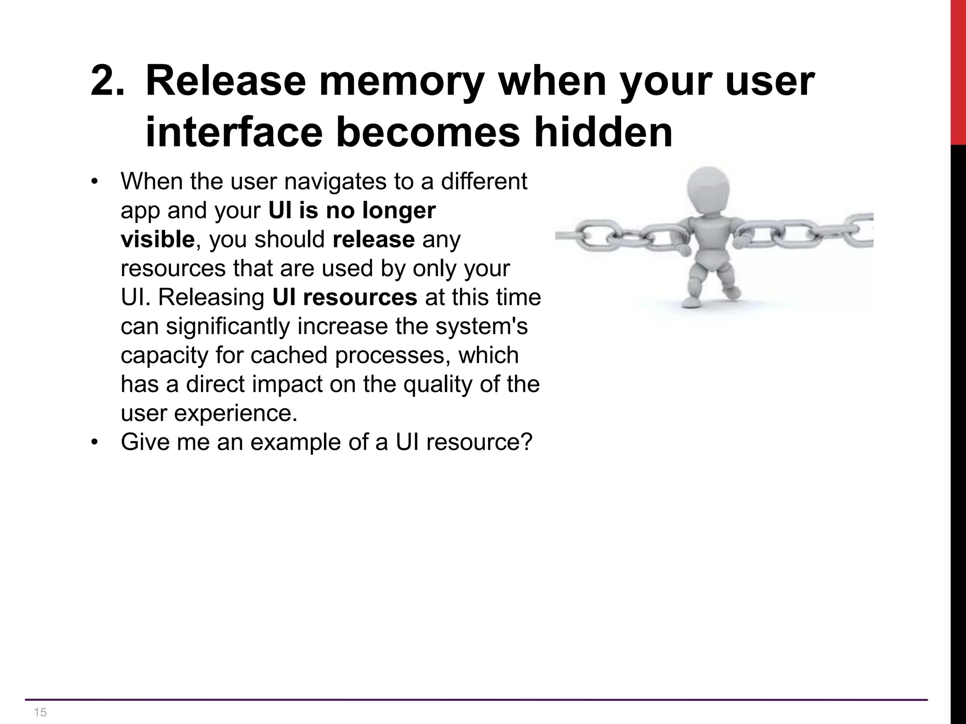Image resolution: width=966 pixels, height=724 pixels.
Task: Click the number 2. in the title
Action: tap(108, 81)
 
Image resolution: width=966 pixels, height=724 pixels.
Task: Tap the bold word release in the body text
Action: tap(374, 239)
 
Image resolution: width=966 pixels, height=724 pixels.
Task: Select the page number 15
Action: tap(41, 712)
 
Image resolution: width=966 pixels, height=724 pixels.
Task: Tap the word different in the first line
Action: tap(484, 181)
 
